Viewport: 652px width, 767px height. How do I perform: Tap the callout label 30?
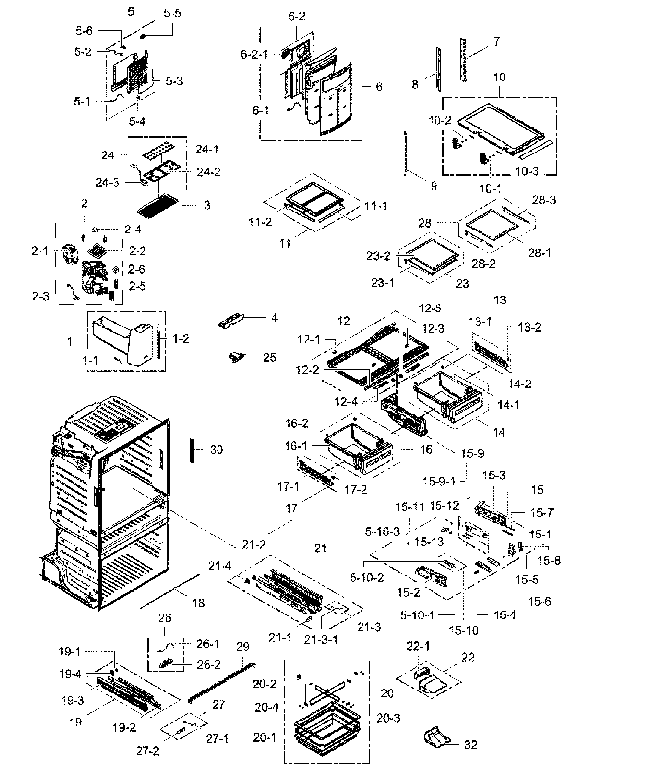pyautogui.click(x=216, y=450)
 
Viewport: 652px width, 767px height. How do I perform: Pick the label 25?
pyautogui.click(x=269, y=357)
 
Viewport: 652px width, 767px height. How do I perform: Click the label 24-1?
pyautogui.click(x=207, y=149)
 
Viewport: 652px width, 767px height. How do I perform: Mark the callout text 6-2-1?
pyautogui.click(x=254, y=54)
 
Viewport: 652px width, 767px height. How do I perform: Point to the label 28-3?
pyautogui.click(x=544, y=200)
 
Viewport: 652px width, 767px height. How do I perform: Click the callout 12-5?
pyautogui.click(x=430, y=308)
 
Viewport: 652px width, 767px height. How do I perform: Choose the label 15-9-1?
pyautogui.click(x=439, y=482)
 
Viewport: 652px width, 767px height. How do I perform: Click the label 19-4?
pyautogui.click(x=70, y=674)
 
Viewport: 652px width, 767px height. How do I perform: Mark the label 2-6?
pyautogui.click(x=137, y=269)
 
